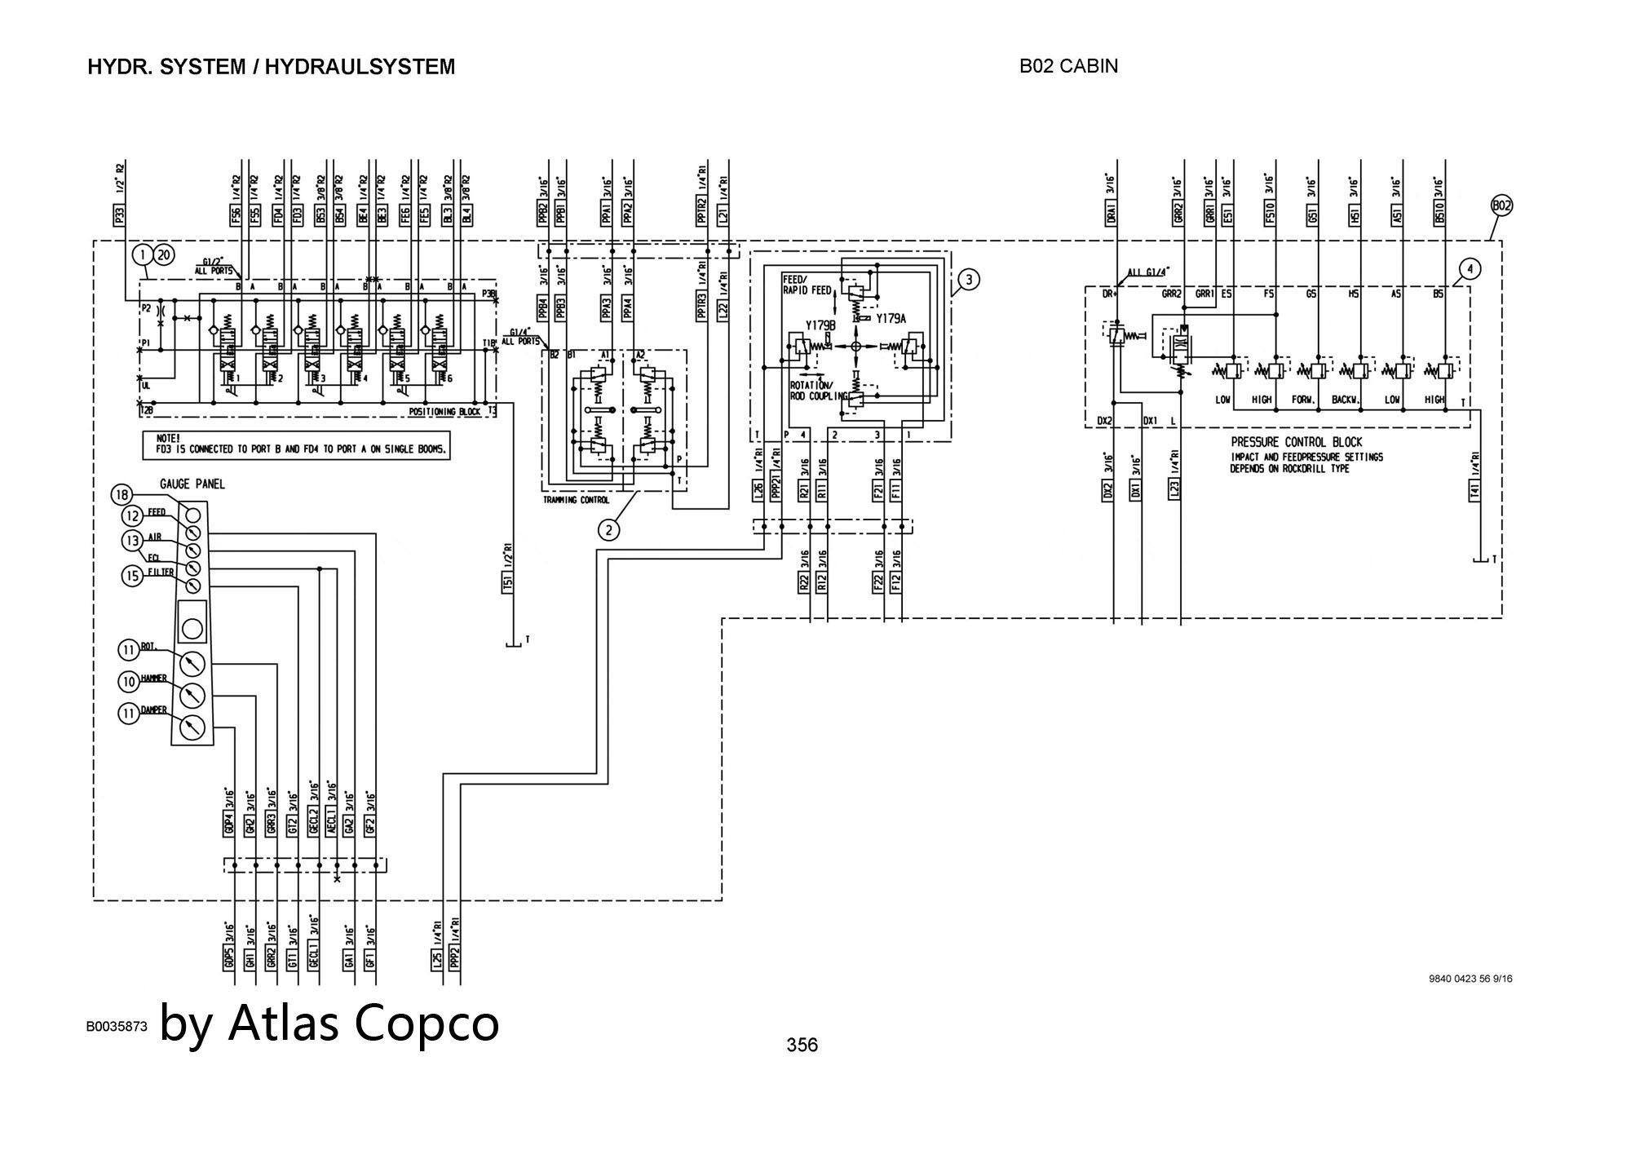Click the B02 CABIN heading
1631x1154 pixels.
pyautogui.click(x=1068, y=66)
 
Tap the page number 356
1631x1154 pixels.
pyautogui.click(x=802, y=1045)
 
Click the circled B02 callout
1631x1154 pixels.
pyautogui.click(x=1501, y=206)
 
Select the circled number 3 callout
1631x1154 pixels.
pyautogui.click(x=968, y=280)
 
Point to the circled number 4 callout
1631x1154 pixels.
pyautogui.click(x=1470, y=267)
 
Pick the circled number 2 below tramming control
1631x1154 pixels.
pyautogui.click(x=608, y=530)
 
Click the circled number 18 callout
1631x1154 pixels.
pyautogui.click(x=122, y=495)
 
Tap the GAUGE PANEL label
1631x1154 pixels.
pyautogui.click(x=192, y=484)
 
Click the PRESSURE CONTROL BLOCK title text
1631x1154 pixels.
pyautogui.click(x=1297, y=442)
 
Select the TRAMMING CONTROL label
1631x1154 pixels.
pyautogui.click(x=577, y=500)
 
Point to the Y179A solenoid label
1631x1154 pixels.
pyautogui.click(x=891, y=320)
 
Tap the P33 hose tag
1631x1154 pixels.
pyautogui.click(x=120, y=215)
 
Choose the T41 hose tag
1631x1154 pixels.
pyautogui.click(x=1474, y=490)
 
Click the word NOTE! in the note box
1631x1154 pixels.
pyautogui.click(x=169, y=438)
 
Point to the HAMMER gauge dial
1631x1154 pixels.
pyautogui.click(x=192, y=695)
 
